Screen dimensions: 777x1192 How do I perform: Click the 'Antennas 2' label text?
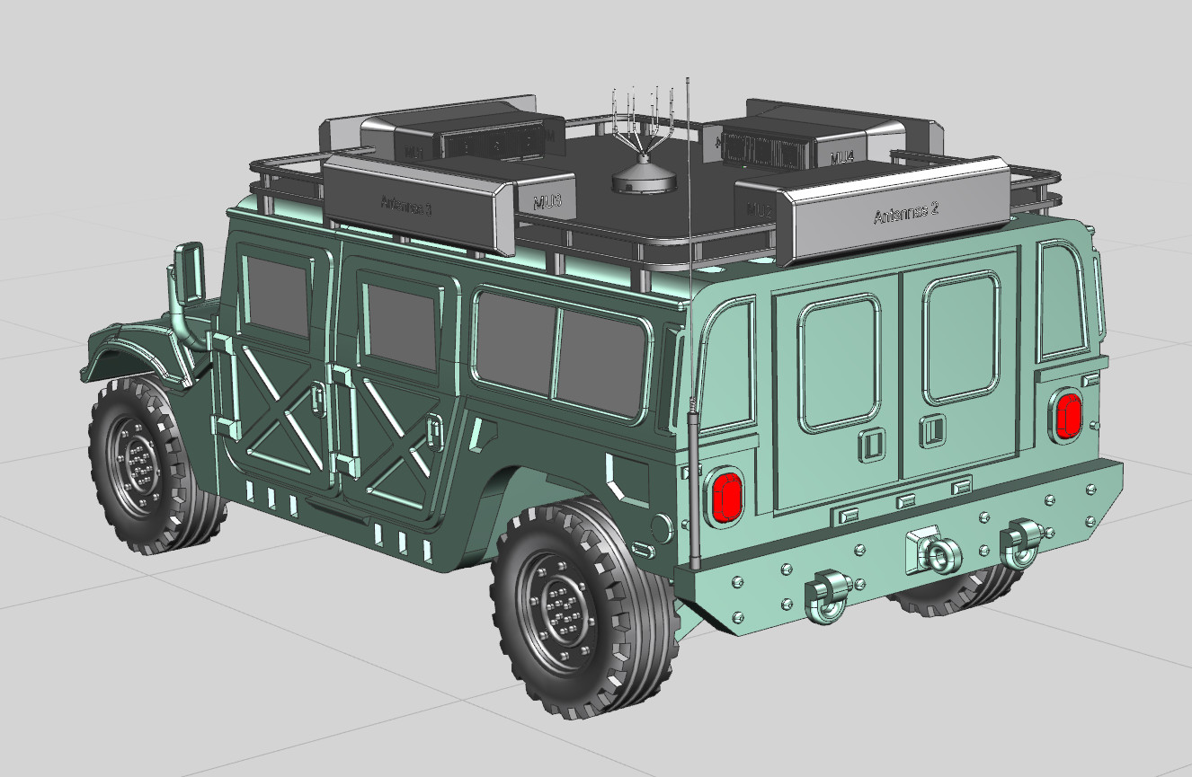[x=905, y=214]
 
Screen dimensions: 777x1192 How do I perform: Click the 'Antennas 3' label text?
[x=406, y=206]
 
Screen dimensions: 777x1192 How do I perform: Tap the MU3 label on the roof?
[x=547, y=202]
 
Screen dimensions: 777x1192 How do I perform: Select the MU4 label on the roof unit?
[x=841, y=158]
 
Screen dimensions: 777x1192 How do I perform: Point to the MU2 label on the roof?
[x=760, y=212]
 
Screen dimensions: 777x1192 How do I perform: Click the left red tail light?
[x=724, y=497]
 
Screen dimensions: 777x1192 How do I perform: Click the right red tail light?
[x=1068, y=415]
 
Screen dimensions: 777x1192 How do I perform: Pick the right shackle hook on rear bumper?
[x=1021, y=542]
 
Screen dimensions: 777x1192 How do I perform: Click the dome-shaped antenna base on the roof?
[x=644, y=178]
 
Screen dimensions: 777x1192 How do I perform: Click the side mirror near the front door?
[x=191, y=270]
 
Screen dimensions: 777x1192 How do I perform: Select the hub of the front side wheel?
[x=139, y=465]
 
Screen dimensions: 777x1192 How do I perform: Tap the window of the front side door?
[x=278, y=297]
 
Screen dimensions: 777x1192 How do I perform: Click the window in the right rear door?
[x=961, y=339]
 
